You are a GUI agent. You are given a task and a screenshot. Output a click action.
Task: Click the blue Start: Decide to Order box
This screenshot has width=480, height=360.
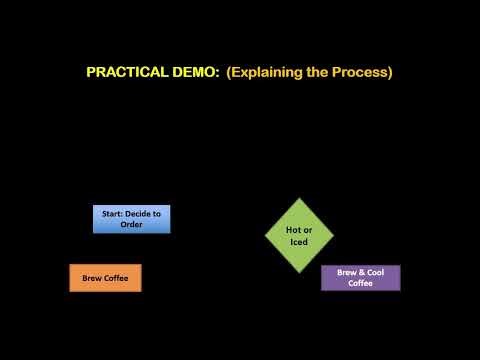pos(131,219)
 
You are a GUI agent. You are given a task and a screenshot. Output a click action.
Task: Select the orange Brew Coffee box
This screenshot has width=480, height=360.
pos(105,278)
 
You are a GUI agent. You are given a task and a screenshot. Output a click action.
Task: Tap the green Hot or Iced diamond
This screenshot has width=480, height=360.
pos(299,235)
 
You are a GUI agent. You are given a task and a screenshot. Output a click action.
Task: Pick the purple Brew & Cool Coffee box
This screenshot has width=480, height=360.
pos(360,278)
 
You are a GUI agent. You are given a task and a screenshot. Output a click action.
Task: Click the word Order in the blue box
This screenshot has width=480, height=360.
pos(131,225)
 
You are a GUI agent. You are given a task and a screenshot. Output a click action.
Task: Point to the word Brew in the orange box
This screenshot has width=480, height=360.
pos(90,278)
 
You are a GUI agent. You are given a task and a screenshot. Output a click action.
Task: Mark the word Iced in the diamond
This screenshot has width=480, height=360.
pos(299,242)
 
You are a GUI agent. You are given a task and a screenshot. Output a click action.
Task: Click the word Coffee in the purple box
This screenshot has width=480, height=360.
pos(360,284)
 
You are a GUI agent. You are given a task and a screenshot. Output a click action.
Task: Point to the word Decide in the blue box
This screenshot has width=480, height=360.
pos(147,213)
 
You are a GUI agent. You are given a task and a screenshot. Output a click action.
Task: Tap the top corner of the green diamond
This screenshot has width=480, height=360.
pos(299,197)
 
